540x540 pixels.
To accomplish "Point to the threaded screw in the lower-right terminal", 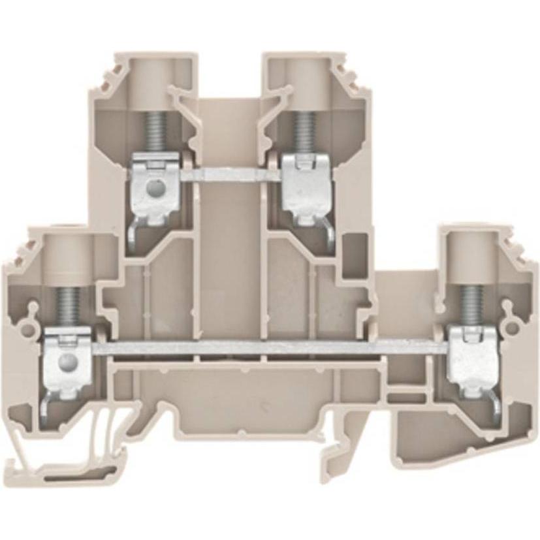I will pos(468,304).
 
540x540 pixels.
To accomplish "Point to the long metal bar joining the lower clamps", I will pos(268,348).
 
